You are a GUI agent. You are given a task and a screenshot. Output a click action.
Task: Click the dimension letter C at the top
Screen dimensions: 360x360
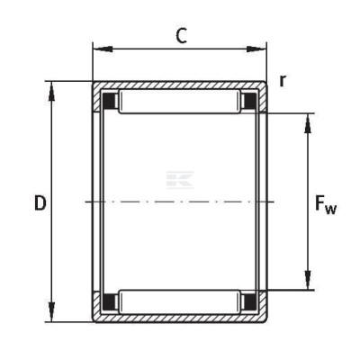pyautogui.click(x=181, y=36)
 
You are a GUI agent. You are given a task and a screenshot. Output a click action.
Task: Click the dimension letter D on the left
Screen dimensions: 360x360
pyautogui.click(x=40, y=202)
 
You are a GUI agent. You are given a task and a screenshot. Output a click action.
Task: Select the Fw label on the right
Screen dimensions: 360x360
pyautogui.click(x=326, y=204)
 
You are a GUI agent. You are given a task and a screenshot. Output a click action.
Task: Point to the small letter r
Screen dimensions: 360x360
pyautogui.click(x=283, y=80)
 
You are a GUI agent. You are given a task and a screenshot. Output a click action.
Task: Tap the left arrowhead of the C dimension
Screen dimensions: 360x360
pyautogui.click(x=103, y=49)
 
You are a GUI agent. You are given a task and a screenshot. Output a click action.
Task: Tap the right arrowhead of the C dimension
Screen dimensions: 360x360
pyautogui.click(x=256, y=49)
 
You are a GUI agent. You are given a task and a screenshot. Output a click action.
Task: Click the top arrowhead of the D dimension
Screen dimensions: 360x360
pyautogui.click(x=52, y=91)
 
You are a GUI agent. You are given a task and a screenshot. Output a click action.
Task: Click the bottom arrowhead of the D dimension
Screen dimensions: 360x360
pyautogui.click(x=52, y=312)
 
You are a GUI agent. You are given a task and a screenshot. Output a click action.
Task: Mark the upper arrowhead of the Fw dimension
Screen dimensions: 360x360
pyautogui.click(x=308, y=123)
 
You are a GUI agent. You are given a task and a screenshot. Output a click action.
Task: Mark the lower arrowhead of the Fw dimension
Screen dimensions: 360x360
pyautogui.click(x=308, y=280)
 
